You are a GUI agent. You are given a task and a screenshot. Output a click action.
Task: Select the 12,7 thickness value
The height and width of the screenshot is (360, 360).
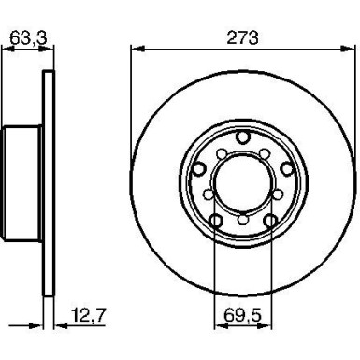pos(84,315)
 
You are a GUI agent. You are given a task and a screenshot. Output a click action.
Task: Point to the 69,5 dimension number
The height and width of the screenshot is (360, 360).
pos(242,315)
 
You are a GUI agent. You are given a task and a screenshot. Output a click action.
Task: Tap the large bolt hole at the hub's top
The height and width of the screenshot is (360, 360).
pos(242,139)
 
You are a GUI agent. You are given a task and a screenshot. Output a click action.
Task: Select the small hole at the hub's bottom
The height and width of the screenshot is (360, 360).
pos(242,222)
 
